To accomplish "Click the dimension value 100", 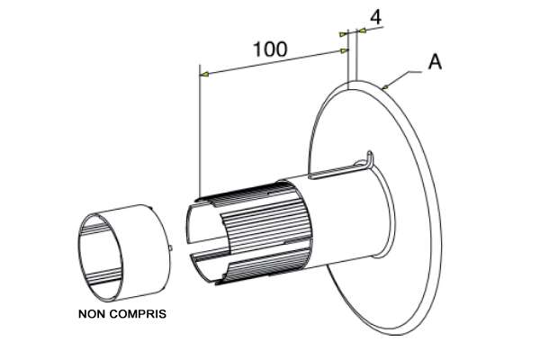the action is pyautogui.click(x=270, y=49).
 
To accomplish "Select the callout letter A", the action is pyautogui.click(x=435, y=62).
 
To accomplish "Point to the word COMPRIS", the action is pyautogui.click(x=139, y=314).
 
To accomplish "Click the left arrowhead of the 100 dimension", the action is pyautogui.click(x=204, y=74).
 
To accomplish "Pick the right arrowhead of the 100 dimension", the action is pyautogui.click(x=344, y=51).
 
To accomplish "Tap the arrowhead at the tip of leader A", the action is pyautogui.click(x=385, y=86).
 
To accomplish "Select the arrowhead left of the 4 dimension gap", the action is pyautogui.click(x=343, y=34).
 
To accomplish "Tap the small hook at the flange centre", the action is pyautogui.click(x=369, y=159).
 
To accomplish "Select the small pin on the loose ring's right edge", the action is pyautogui.click(x=170, y=247).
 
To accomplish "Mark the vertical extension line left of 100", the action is pyautogui.click(x=200, y=130).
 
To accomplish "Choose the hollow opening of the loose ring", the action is pyautogui.click(x=101, y=256).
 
